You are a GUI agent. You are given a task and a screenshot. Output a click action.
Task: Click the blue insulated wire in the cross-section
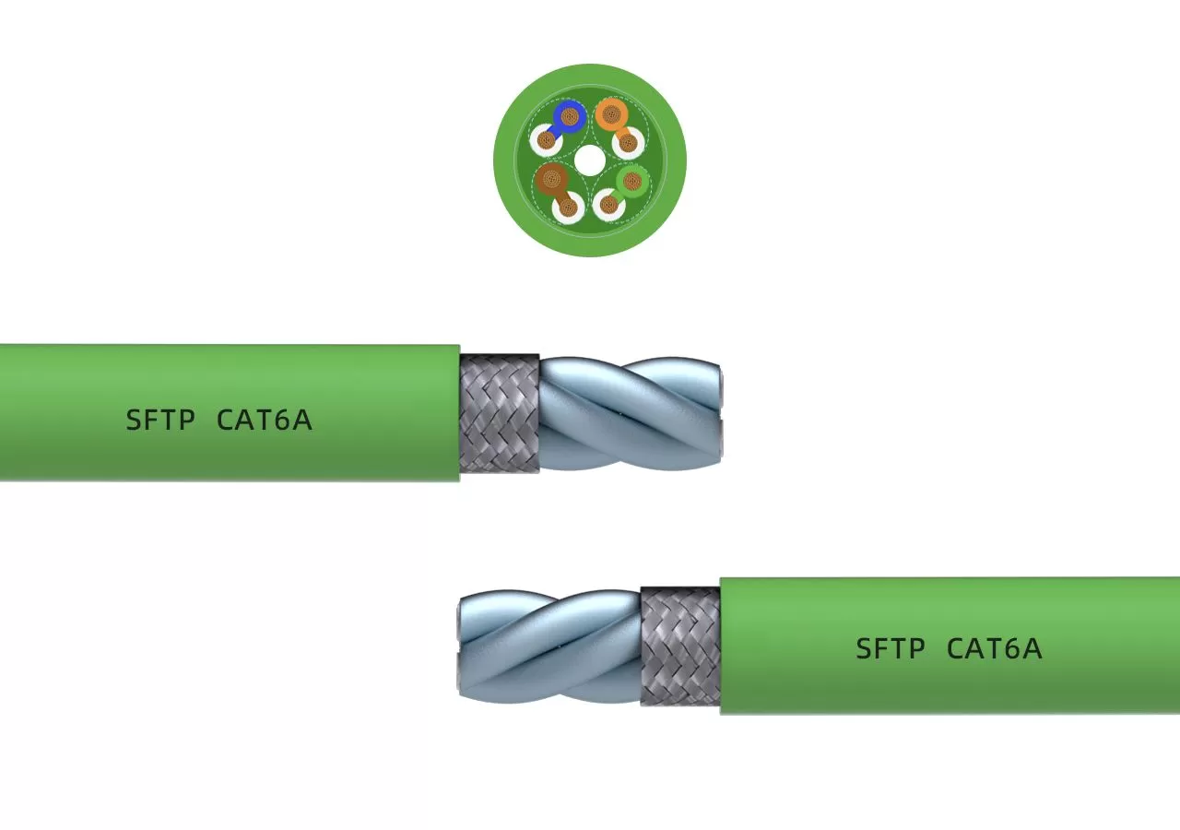pyautogui.click(x=570, y=116)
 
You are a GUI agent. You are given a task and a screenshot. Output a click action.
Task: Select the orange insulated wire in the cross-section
pyautogui.click(x=610, y=115)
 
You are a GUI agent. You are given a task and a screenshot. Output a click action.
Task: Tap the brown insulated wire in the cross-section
pyautogui.click(x=552, y=177)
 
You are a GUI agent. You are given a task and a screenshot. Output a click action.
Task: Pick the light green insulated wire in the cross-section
pyautogui.click(x=631, y=180)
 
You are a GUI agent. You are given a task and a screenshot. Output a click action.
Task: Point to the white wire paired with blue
pyautogui.click(x=546, y=141)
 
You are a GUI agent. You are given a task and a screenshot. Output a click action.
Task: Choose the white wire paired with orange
pyautogui.click(x=629, y=141)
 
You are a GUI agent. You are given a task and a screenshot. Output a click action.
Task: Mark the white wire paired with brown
pyautogui.click(x=568, y=207)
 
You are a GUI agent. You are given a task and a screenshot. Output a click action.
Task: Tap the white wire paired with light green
pyautogui.click(x=608, y=204)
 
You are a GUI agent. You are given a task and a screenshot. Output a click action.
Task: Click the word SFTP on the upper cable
pyautogui.click(x=160, y=421)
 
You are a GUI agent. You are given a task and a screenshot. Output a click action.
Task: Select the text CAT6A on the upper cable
pyautogui.click(x=265, y=421)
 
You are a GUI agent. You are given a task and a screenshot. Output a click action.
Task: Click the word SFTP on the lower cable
pyautogui.click(x=890, y=649)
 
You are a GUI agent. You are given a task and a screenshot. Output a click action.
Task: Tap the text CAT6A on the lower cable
pyautogui.click(x=994, y=649)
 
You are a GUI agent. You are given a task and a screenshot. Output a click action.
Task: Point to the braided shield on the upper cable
pyautogui.click(x=499, y=413)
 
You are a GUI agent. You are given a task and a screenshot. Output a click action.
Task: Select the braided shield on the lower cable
pyautogui.click(x=680, y=646)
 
